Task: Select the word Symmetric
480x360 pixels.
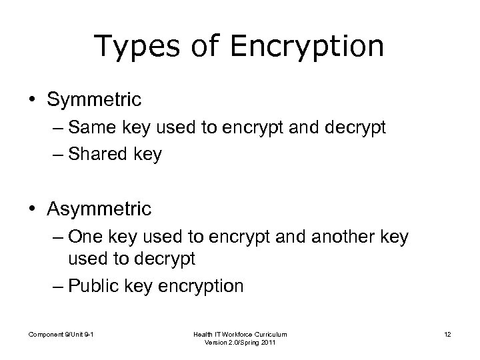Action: (94, 100)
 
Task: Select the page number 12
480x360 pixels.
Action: (449, 333)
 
